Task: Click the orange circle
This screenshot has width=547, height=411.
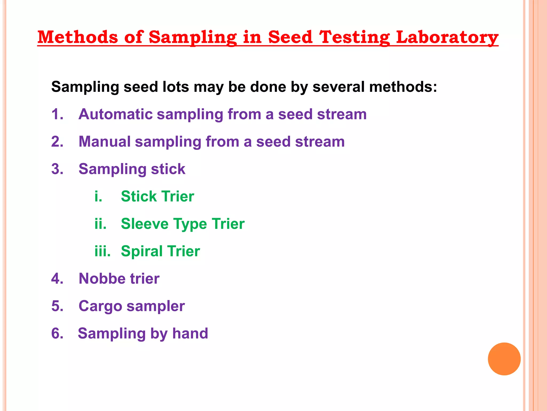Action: (x=504, y=359)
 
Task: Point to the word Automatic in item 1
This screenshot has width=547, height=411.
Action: (x=115, y=114)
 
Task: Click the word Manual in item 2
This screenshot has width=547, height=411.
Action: (x=104, y=142)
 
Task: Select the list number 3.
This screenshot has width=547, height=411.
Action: (x=57, y=169)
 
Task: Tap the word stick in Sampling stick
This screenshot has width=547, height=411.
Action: (x=168, y=169)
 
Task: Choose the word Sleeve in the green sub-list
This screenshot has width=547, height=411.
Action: (x=144, y=224)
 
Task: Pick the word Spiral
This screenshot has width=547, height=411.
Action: (x=142, y=251)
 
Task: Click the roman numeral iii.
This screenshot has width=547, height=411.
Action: (x=102, y=251)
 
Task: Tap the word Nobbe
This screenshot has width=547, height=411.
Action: (x=102, y=279)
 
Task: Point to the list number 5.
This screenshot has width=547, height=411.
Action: (x=57, y=306)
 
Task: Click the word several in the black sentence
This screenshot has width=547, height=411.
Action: (x=338, y=87)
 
